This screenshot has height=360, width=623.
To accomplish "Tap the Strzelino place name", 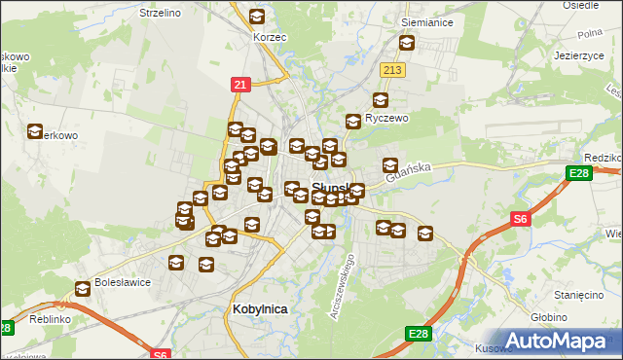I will [162, 14].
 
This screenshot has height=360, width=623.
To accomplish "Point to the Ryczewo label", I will [385, 118].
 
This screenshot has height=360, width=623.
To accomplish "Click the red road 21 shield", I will [240, 85].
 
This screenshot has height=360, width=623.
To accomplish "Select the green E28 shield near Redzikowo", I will [577, 174].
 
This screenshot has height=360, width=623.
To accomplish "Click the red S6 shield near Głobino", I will [520, 220].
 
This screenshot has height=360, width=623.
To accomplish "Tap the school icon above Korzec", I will [257, 17].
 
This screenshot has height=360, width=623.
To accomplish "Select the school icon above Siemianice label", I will [407, 43].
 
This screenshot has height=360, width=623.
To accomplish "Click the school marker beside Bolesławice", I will [84, 289].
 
